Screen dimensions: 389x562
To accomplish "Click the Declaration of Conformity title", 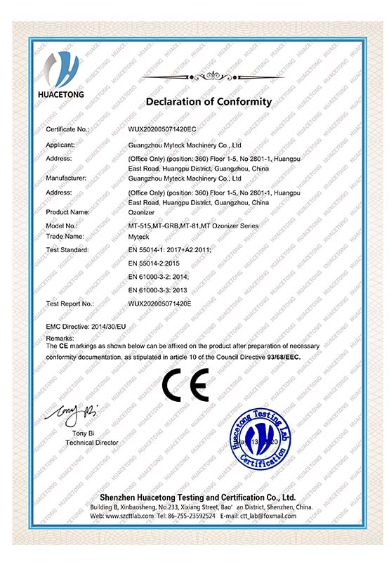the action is pos(208,102).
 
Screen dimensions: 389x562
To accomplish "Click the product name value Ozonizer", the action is pos(143,211).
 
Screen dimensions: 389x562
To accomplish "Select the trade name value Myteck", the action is pos(140,236).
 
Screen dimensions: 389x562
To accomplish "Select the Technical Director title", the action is pos(92,443).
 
